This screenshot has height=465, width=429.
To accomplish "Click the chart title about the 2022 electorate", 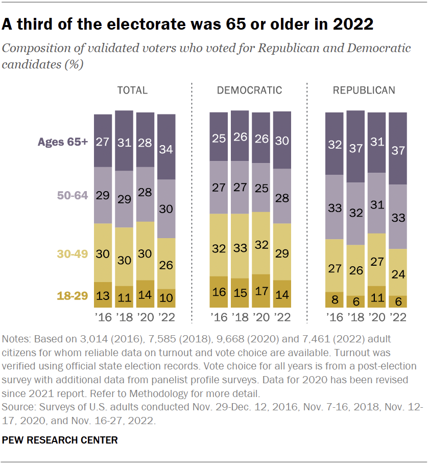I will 188,24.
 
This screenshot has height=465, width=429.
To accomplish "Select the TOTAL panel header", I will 132,90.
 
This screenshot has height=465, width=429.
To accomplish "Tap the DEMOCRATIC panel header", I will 249,90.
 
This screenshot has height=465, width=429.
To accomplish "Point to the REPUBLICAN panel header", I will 364,90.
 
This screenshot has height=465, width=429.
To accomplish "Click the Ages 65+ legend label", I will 62,142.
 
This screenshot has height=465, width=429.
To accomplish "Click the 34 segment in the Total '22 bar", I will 166,150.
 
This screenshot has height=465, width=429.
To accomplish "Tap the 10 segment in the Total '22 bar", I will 166,298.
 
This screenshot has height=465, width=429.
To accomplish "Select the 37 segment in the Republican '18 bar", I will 356,148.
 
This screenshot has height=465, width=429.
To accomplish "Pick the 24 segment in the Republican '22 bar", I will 398,274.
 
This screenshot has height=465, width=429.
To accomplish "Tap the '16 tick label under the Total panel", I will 103,317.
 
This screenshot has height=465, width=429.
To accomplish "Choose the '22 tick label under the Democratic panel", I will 282,317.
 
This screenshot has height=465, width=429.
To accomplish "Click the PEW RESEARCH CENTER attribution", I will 60,440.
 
